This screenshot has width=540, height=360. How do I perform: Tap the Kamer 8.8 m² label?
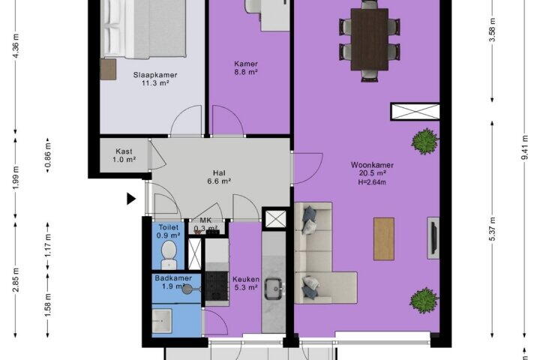click(246, 67)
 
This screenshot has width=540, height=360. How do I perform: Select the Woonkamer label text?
click(372, 165)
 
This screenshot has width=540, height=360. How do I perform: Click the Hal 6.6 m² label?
click(219, 177)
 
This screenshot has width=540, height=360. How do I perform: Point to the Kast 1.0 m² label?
click(124, 155)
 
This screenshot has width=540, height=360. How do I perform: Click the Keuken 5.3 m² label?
click(246, 283)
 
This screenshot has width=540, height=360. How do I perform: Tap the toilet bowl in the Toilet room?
click(169, 255)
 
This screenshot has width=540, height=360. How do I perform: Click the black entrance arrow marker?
click(130, 199)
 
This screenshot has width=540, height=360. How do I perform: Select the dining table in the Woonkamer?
click(370, 40)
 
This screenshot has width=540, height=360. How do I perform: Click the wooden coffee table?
click(384, 238)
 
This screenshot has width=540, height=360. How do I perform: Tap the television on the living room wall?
click(434, 238)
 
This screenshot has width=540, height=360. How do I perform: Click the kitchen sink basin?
click(274, 289)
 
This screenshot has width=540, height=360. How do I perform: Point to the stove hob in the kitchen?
click(217, 286)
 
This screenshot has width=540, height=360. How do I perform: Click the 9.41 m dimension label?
click(524, 147)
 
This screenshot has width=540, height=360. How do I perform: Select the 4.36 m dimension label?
click(16, 46)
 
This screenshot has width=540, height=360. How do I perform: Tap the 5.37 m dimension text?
click(493, 229)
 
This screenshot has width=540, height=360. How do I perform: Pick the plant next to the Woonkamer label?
click(425, 141)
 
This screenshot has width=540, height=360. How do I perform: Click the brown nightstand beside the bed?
click(108, 69)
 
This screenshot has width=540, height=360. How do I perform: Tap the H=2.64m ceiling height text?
click(372, 182)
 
